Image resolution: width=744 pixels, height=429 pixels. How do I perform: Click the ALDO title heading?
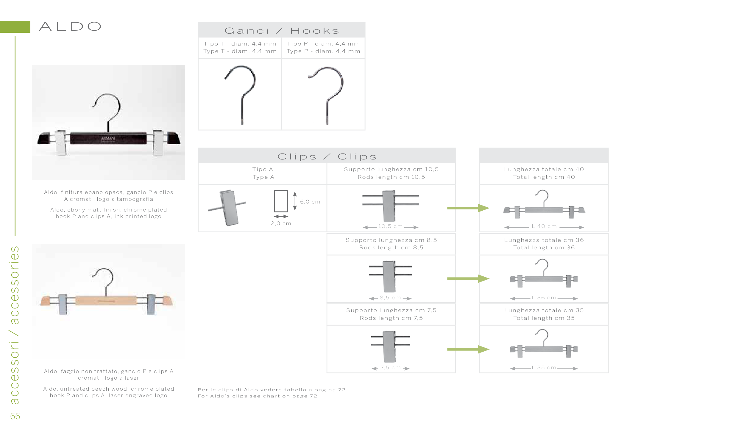70,26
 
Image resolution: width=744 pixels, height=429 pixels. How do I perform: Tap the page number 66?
15,416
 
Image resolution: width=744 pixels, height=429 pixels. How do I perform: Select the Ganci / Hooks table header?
282,30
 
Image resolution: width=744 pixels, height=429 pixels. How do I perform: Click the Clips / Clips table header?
327,156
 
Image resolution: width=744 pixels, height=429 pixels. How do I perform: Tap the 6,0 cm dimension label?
310,202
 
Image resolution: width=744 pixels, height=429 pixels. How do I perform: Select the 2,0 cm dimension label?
281,223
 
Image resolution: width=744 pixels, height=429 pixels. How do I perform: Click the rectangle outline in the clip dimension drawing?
281,190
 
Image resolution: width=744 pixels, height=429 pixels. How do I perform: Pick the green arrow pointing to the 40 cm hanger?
468,208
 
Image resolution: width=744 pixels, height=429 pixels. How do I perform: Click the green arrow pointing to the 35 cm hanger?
468,349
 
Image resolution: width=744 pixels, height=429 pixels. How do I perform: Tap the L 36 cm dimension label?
544,298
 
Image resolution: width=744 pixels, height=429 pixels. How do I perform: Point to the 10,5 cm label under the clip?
390,226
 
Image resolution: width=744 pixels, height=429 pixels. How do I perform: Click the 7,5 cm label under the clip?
390,367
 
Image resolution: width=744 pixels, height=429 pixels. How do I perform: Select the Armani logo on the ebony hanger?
108,139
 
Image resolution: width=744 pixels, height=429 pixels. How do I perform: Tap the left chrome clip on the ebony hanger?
61,143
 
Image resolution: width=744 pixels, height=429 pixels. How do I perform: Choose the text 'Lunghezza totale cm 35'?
544,310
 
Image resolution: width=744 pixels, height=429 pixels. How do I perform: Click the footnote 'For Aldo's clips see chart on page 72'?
258,396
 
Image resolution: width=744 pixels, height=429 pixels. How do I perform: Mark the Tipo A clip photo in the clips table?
227,208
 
